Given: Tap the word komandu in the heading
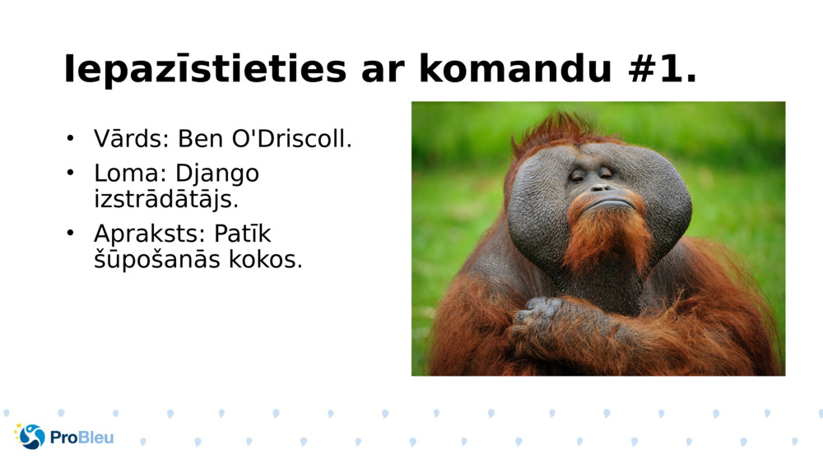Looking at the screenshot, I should (512, 71).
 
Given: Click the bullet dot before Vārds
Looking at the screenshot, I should (71, 138).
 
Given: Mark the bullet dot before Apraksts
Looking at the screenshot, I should (71, 234).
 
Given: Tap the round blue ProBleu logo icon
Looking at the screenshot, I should (31, 437).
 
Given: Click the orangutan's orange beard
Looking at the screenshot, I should (607, 234).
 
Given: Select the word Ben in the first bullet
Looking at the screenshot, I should (200, 139).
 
